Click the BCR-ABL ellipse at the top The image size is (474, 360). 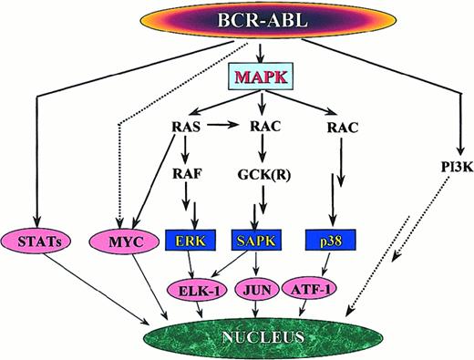pyautogui.click(x=236, y=21)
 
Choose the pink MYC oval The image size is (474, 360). pyautogui.click(x=121, y=242)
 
